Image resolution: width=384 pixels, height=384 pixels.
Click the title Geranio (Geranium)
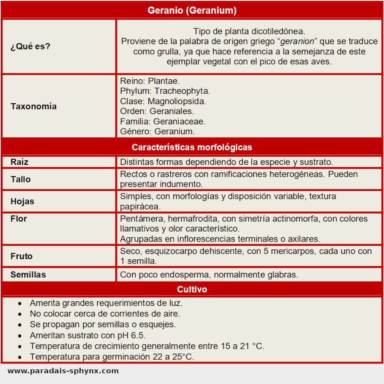[192, 10]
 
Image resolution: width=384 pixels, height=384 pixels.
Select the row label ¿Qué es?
[30, 46]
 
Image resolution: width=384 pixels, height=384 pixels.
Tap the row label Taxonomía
[33, 106]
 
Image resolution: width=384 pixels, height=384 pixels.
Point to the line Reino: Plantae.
[150, 81]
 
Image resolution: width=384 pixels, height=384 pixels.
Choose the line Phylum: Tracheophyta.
[165, 91]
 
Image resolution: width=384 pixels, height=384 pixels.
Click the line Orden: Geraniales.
[157, 111]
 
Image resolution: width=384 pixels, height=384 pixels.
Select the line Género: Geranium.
[157, 131]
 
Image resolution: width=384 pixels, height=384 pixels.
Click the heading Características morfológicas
[192, 147]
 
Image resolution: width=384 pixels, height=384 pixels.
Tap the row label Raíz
[20, 162]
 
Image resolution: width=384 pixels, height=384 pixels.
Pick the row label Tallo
[20, 179]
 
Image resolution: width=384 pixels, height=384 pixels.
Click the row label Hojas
[22, 201]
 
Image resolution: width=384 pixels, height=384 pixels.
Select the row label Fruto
[21, 256]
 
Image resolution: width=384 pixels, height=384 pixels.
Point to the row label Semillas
[28, 274]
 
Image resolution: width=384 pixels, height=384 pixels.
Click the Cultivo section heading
[192, 289]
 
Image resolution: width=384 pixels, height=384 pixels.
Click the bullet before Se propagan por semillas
[20, 325]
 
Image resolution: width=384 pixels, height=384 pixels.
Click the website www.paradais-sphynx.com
[63, 371]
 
